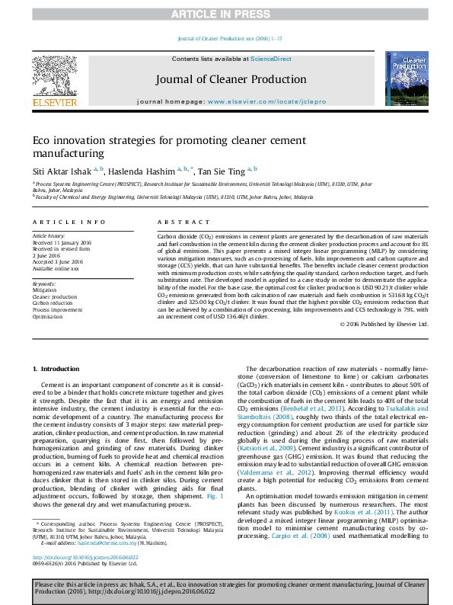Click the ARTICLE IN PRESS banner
(226, 14)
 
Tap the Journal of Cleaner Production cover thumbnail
(406, 78)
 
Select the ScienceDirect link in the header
(271, 59)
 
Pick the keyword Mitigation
(44, 290)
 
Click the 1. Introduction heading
(56, 369)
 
